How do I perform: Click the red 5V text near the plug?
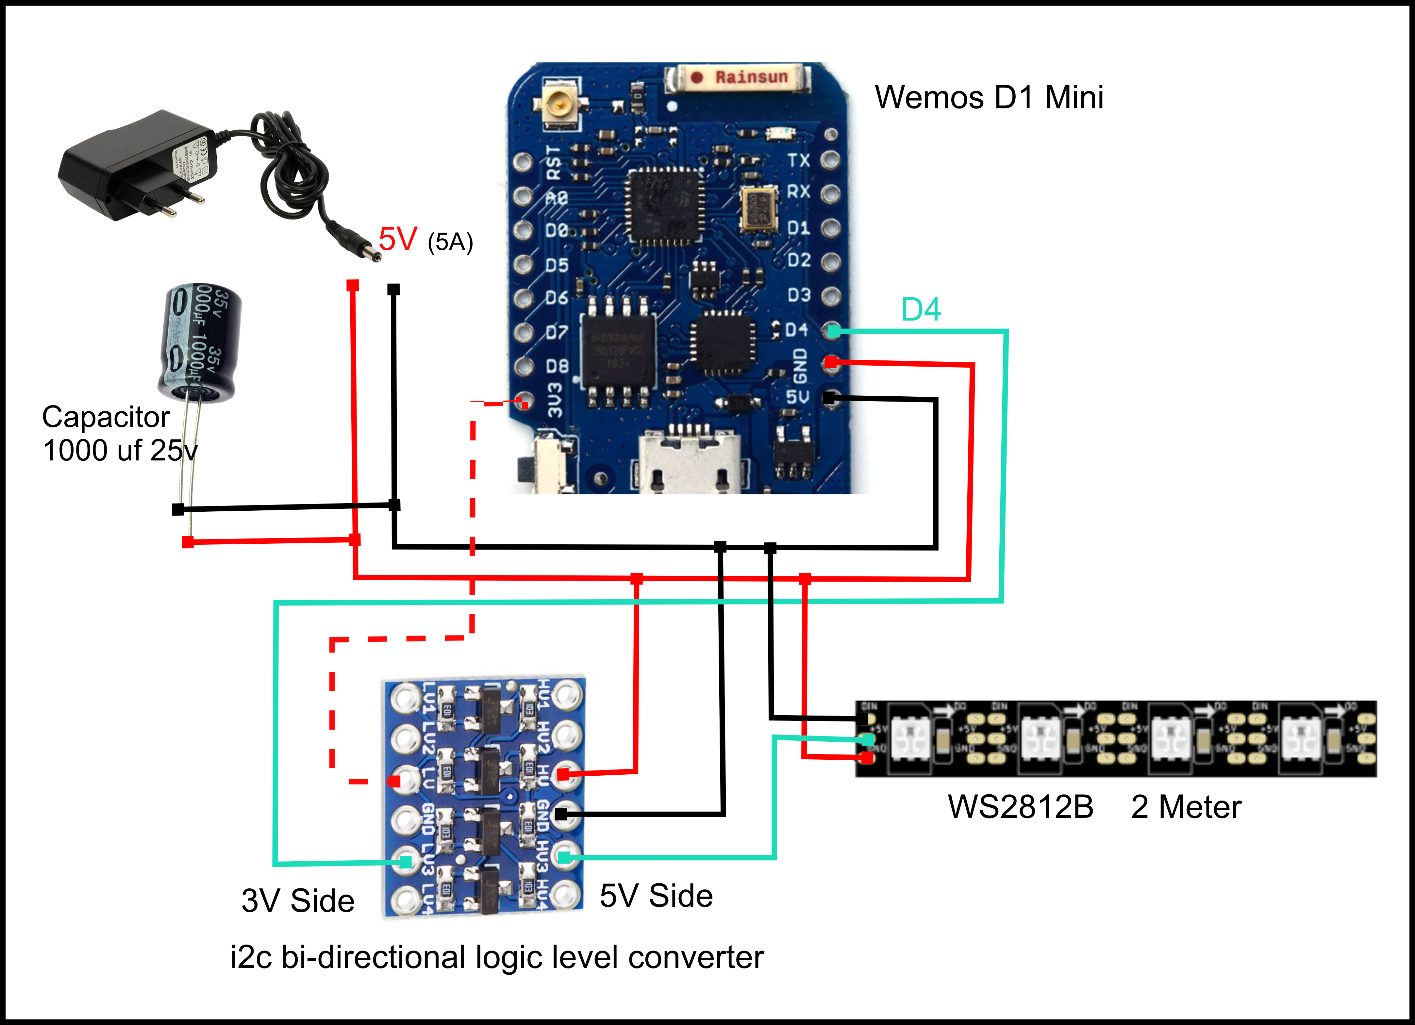pos(397,239)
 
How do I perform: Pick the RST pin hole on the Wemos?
pos(523,162)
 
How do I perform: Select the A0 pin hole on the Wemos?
pos(523,196)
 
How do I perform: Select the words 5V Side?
pos(656,896)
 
